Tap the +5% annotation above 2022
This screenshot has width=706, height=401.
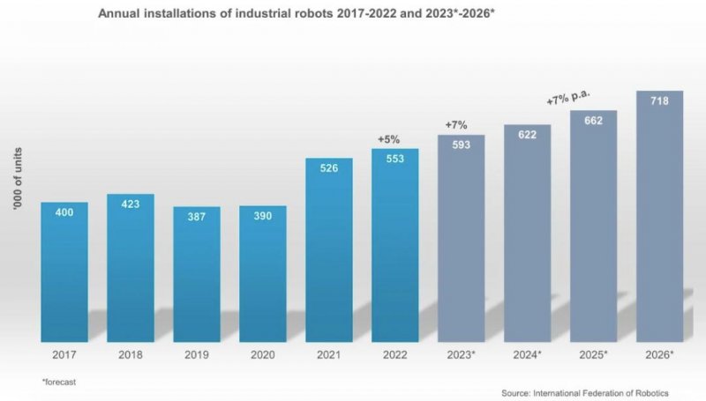click(389, 139)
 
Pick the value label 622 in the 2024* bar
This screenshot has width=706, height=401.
click(527, 137)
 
